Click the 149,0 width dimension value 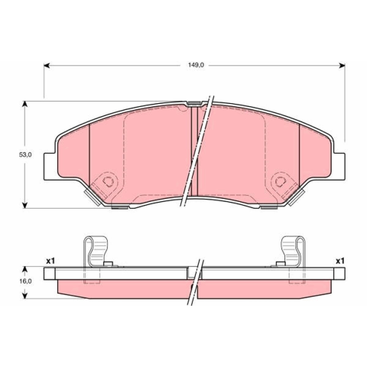coord(196,65)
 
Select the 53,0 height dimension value coord(25,154)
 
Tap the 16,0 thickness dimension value coord(25,281)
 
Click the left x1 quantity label coord(50,261)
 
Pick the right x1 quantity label coord(340,261)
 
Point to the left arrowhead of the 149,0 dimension coord(47,66)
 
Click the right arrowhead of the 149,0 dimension coord(342,66)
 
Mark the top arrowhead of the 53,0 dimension coord(24,104)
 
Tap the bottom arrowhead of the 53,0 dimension coord(24,205)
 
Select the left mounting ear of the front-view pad coord(50,167)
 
